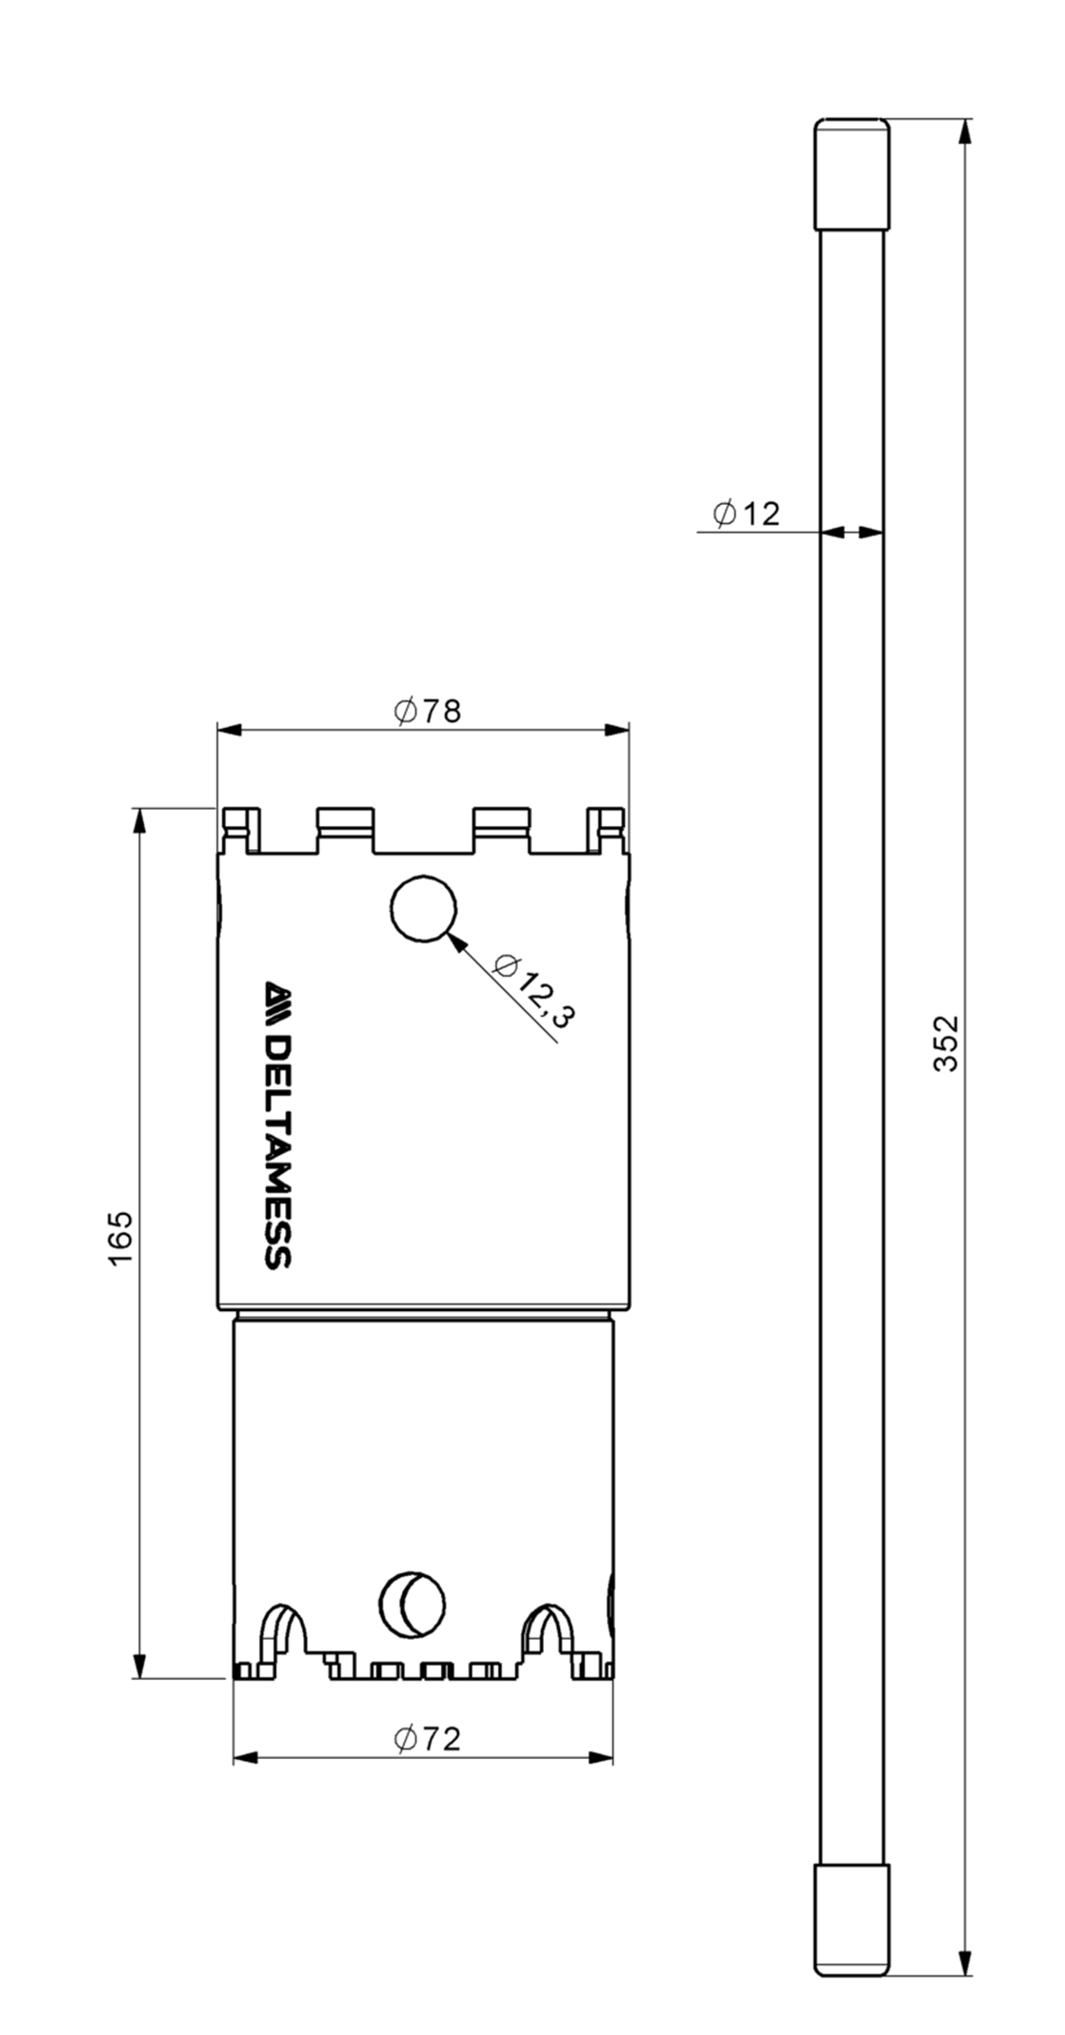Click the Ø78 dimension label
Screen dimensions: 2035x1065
pos(427,711)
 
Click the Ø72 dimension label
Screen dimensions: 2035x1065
pos(427,1739)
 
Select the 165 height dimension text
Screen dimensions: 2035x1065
pos(121,1238)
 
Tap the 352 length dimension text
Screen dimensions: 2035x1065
pos(945,1043)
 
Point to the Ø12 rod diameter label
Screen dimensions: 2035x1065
pos(746,514)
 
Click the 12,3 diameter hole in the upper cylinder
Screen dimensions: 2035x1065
pos(423,908)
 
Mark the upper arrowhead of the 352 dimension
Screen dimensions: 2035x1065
pos(964,133)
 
